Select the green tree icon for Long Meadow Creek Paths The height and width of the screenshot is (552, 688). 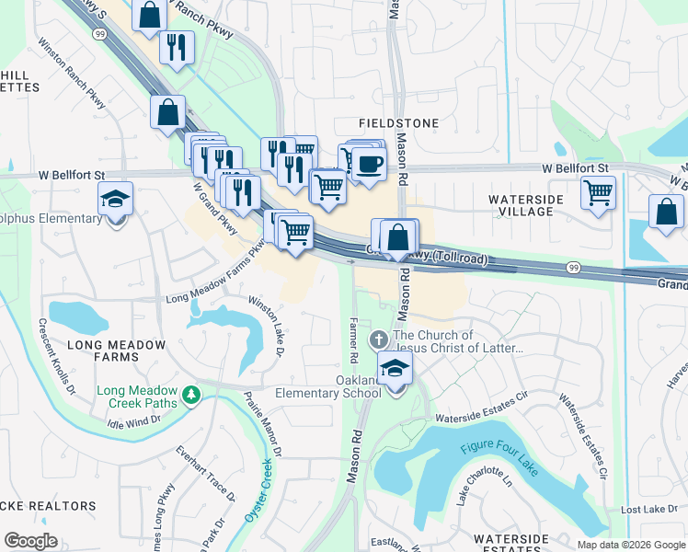191,395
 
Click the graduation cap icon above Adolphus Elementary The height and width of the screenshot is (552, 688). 117,199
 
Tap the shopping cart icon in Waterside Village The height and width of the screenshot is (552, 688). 599,193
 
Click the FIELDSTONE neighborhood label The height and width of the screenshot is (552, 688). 398,122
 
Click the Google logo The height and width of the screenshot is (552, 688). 31,540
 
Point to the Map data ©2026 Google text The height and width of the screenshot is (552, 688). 630,545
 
